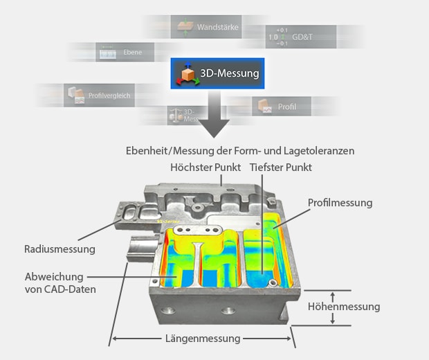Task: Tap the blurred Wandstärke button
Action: (x=206, y=28)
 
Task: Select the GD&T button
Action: (x=301, y=35)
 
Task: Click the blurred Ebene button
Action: (x=115, y=51)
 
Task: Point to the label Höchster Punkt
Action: (x=206, y=168)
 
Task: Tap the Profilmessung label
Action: (x=340, y=203)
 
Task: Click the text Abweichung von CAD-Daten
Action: (x=60, y=282)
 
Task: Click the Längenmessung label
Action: (x=202, y=339)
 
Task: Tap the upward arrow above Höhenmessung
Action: (x=333, y=295)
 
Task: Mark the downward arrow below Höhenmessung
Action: (x=333, y=318)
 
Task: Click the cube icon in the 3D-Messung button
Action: (x=187, y=73)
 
